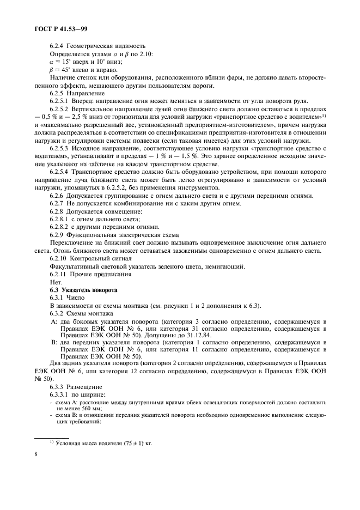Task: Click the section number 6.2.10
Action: coord(59,258)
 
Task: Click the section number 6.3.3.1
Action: coord(60,393)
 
